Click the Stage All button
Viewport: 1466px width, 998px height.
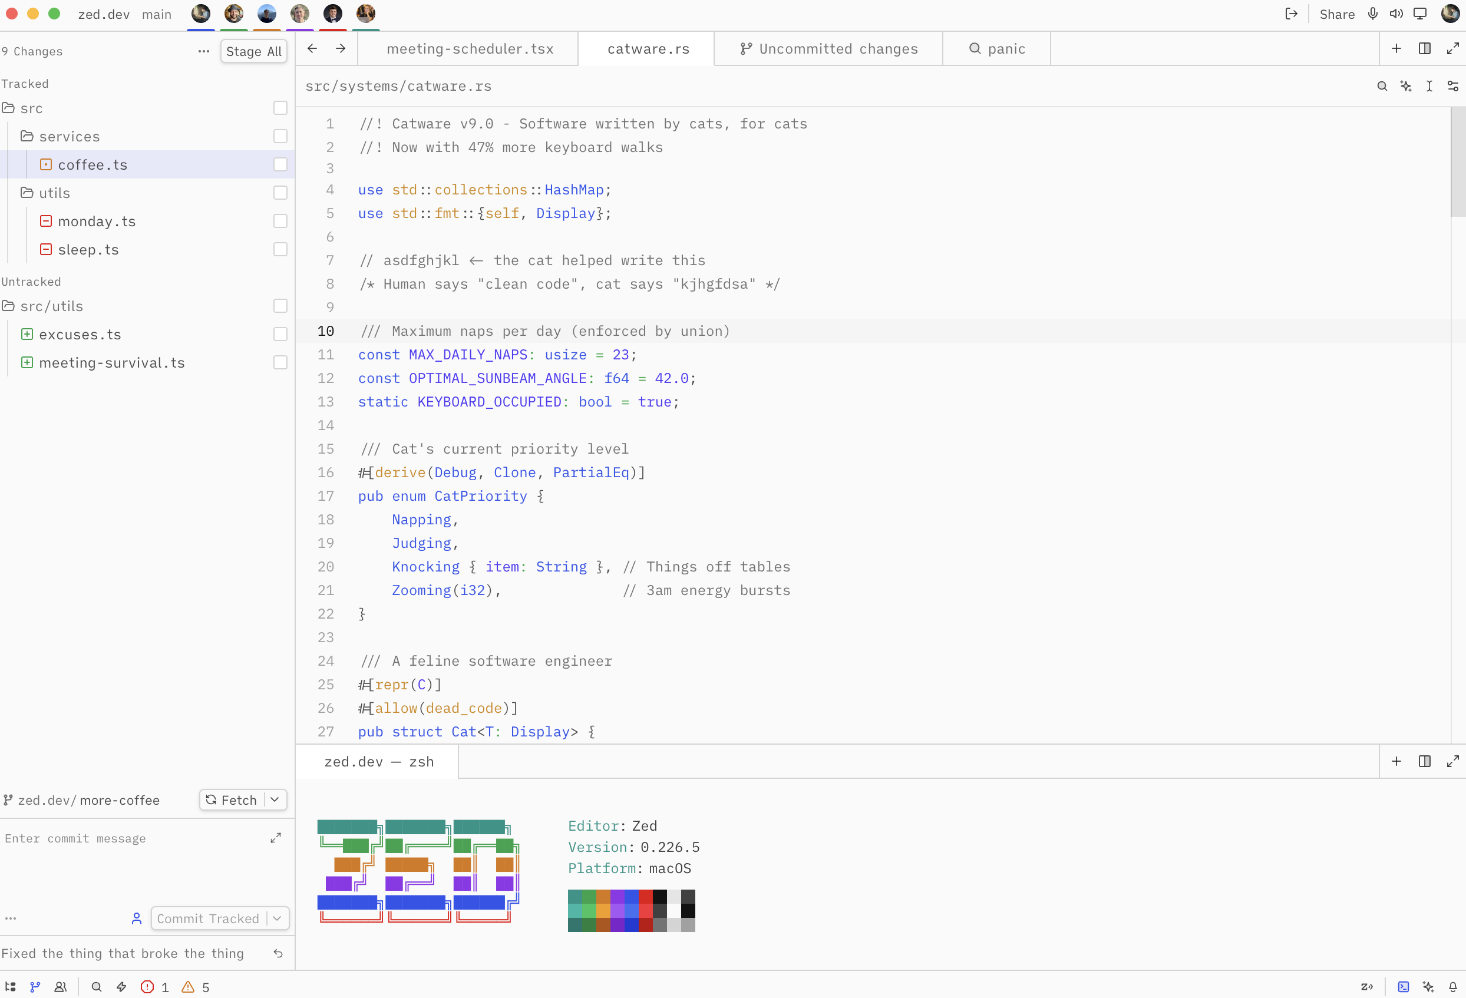point(253,51)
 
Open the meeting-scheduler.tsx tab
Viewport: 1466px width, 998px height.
point(470,48)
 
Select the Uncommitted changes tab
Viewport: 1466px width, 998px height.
point(828,48)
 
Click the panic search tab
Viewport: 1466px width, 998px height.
point(996,48)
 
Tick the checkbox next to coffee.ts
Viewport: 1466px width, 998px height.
point(280,164)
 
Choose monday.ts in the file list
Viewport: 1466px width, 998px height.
point(97,221)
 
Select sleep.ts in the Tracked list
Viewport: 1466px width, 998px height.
point(88,249)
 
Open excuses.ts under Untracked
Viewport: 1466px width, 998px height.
point(80,335)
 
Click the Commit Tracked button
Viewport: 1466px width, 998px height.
point(207,918)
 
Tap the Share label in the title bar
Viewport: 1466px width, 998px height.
point(1337,14)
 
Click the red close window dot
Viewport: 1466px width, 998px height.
point(12,13)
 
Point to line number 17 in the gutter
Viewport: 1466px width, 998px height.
point(325,497)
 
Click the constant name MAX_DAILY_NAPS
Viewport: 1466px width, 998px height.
point(467,355)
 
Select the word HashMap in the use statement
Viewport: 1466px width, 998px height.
point(574,190)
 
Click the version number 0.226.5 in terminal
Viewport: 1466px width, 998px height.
point(670,847)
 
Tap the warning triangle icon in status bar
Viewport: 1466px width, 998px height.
point(188,987)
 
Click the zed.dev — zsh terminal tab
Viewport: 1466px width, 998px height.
point(378,761)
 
